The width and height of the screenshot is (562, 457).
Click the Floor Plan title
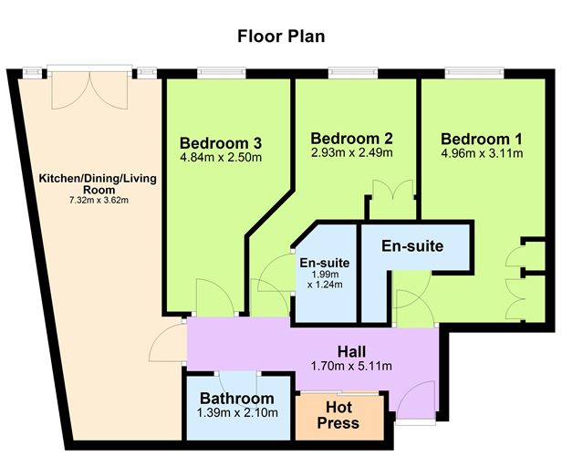click(281, 36)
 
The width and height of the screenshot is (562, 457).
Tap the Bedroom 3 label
click(221, 143)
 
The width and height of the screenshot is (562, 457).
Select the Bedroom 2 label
click(351, 139)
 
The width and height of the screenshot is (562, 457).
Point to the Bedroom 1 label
click(482, 139)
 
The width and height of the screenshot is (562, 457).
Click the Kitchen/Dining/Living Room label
click(97, 184)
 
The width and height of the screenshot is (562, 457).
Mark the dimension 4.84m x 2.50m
click(221, 158)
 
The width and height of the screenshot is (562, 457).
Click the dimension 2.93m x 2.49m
click(351, 152)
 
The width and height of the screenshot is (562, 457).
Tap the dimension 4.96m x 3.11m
click(482, 153)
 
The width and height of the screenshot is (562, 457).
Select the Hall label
click(351, 351)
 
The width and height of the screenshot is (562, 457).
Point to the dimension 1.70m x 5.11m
click(351, 367)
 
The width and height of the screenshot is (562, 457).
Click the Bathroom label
click(236, 399)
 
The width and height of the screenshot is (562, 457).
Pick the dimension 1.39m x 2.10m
click(236, 413)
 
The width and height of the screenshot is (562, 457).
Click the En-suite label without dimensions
click(412, 246)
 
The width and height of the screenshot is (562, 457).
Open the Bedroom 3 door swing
click(214, 297)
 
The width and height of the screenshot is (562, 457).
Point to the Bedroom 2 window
click(353, 72)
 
